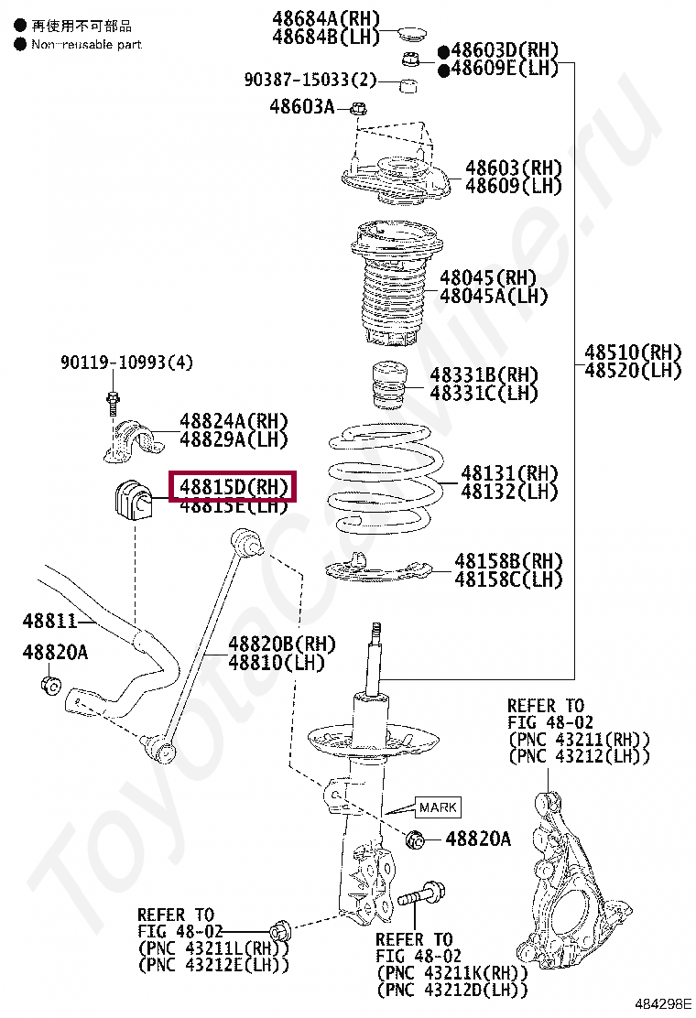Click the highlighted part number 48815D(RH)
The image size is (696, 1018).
tap(234, 486)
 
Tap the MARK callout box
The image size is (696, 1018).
tap(437, 807)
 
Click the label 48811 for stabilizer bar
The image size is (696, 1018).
tap(49, 622)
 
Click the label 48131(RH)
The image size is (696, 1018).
tap(509, 473)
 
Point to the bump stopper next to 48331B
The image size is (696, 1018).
tap(388, 389)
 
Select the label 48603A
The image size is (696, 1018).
tap(302, 107)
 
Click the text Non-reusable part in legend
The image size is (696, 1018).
tap(86, 44)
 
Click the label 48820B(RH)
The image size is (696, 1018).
tap(282, 644)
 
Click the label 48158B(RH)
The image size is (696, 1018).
tap(509, 561)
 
